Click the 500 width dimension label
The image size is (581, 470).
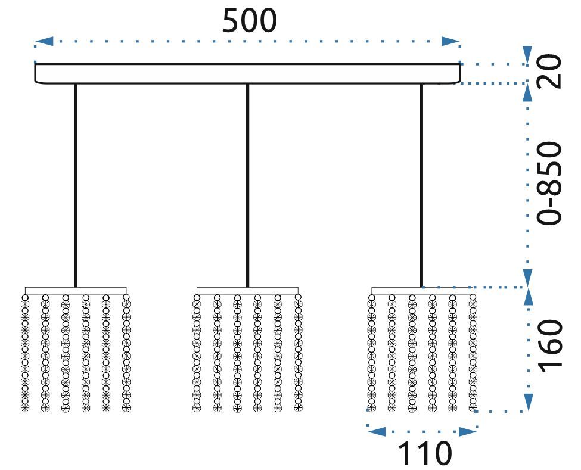coord(250,21)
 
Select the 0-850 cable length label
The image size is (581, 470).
coord(550,183)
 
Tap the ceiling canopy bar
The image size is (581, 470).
coord(247,73)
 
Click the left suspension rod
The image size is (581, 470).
coord(76,185)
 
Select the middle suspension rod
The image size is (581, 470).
coord(247,185)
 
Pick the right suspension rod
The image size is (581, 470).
coord(421,185)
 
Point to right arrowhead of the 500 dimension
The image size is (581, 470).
coord(450,41)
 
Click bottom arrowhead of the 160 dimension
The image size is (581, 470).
coord(527,401)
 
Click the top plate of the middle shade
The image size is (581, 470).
coord(247,291)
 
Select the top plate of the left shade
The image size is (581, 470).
coord(76,291)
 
